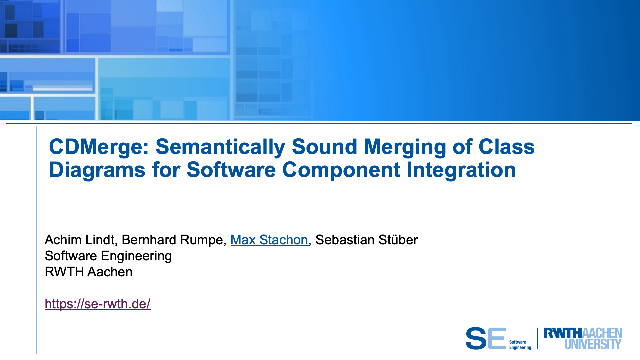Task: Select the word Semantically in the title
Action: [x=220, y=147]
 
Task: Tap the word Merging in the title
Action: [x=405, y=147]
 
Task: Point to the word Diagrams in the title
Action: [x=97, y=170]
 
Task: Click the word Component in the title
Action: [x=341, y=170]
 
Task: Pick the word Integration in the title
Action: [x=461, y=170]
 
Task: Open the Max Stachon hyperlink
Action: [x=269, y=240]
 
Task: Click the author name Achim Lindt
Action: [x=80, y=240]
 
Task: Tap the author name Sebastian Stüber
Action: [x=366, y=240]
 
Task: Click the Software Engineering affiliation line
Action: [x=108, y=256]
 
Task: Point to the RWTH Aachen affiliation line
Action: [x=89, y=272]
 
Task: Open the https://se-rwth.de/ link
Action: [x=98, y=304]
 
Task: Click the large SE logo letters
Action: [x=486, y=338]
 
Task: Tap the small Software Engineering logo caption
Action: [x=520, y=345]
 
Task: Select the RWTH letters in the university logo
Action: [x=563, y=333]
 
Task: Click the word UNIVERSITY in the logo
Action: [x=593, y=344]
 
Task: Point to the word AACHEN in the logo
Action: [x=602, y=333]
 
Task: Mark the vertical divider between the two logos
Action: [x=537, y=338]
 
